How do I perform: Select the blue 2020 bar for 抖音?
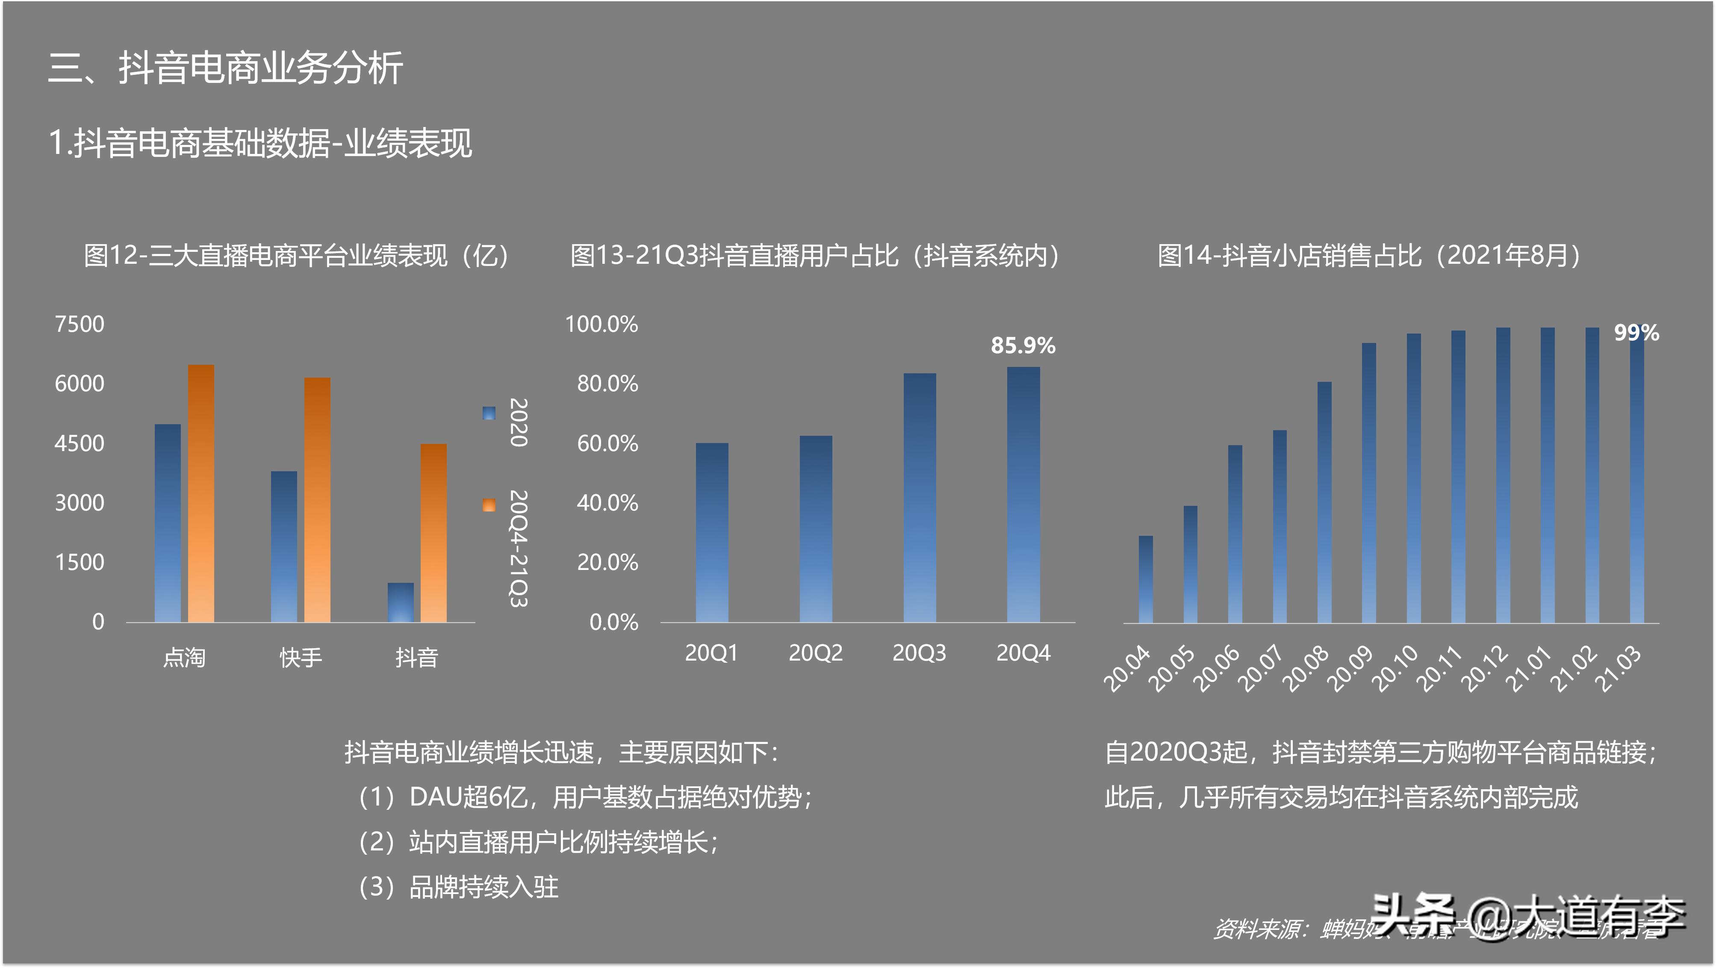point(400,602)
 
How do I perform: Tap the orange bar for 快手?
point(317,500)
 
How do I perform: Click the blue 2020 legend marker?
point(489,413)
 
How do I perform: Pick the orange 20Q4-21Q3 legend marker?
point(489,505)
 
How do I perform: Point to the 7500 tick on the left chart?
point(79,325)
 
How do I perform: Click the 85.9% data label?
point(1023,346)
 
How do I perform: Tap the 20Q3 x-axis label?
point(919,653)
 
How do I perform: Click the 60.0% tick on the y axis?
point(607,444)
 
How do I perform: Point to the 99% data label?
point(1636,333)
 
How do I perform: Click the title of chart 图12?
point(296,256)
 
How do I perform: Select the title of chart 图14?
point(1368,256)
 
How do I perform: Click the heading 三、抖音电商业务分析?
point(226,68)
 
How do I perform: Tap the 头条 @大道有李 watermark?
point(1525,916)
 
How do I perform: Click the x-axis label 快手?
point(301,658)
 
